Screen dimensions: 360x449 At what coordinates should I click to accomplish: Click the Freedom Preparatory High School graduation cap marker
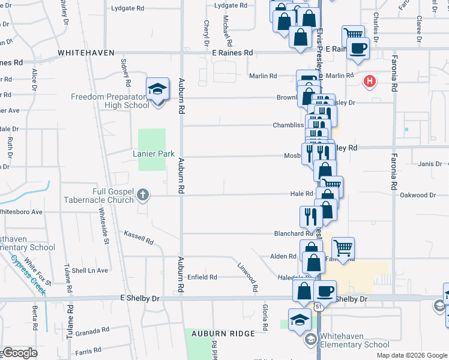(x=157, y=91)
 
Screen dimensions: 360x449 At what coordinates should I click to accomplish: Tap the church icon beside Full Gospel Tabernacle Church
(x=142, y=194)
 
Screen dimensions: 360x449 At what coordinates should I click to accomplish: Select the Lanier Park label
(x=154, y=154)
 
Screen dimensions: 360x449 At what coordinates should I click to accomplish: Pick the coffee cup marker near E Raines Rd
(x=358, y=48)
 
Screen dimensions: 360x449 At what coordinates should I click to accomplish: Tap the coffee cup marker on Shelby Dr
(x=325, y=292)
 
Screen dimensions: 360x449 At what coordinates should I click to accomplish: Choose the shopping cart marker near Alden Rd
(x=343, y=247)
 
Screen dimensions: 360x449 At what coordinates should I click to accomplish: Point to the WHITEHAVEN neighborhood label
(x=86, y=53)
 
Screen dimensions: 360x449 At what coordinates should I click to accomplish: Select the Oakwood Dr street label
(x=418, y=195)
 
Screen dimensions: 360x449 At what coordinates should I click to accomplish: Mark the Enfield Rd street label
(x=202, y=277)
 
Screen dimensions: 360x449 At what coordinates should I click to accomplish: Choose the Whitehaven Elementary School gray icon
(x=310, y=340)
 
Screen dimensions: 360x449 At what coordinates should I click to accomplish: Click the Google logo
(x=20, y=353)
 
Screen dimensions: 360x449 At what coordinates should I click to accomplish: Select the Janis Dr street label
(x=430, y=164)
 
